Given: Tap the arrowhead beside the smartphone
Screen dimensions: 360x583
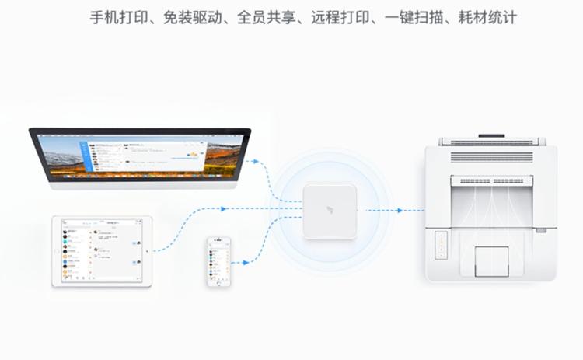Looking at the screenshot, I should (x=246, y=263).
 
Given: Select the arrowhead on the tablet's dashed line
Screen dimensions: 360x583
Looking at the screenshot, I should (x=224, y=208).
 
